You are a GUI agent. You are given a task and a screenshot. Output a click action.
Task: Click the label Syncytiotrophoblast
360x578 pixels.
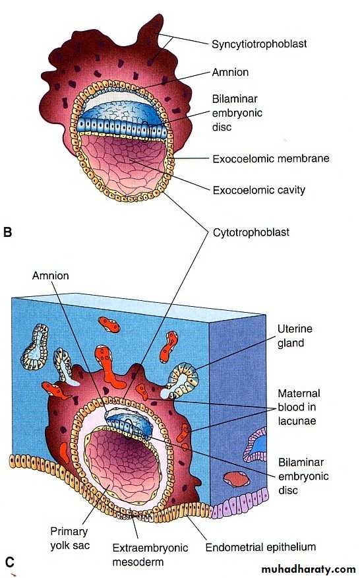pos(259,44)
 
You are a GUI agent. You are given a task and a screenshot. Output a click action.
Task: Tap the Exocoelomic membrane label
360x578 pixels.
pos(271,158)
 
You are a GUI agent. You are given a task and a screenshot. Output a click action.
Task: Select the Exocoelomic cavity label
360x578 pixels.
pos(259,190)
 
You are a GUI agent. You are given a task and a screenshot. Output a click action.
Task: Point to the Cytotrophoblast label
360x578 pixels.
pos(251,233)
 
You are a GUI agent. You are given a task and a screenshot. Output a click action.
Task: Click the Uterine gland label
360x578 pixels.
pos(295,335)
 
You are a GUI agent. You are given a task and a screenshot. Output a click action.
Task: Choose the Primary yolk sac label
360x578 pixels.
pos(70,538)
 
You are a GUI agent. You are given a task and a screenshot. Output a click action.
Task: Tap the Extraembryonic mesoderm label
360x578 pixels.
pos(150,555)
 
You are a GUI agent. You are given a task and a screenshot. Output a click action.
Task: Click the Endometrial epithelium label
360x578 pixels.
pos(260,547)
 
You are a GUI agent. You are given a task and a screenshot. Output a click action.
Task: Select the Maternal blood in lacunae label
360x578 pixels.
pos(299,407)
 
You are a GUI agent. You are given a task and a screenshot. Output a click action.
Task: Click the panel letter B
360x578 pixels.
pos(7,232)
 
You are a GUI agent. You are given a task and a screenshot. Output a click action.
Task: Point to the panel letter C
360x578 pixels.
pos(10,562)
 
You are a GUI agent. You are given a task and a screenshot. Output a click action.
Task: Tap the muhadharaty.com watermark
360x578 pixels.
pos(309,569)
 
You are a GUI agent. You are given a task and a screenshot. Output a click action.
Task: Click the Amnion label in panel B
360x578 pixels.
pos(230,72)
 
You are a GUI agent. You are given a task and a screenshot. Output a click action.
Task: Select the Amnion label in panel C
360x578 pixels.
pos(51,276)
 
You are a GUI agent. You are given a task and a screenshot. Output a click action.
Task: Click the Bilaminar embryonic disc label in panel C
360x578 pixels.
pos(303,476)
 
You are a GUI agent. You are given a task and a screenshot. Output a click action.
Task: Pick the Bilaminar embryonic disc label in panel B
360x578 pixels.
pos(237,113)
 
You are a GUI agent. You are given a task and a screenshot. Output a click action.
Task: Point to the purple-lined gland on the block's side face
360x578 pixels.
pos(255,445)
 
